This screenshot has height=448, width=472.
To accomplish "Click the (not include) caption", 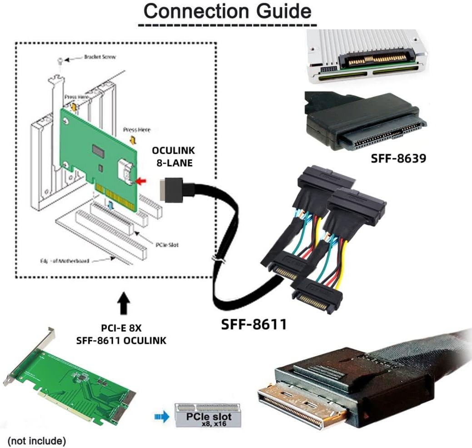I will click(37, 440).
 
